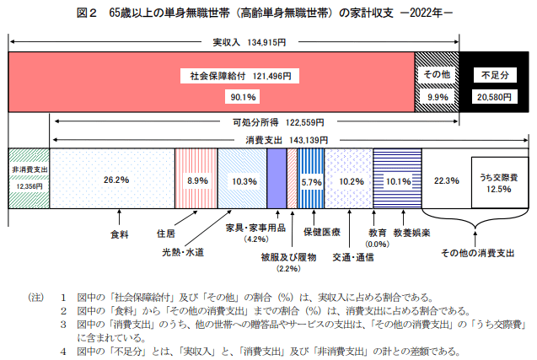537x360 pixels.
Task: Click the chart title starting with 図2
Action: coord(268,14)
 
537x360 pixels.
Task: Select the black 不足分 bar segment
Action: coord(493,82)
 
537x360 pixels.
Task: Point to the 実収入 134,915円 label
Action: coord(234,40)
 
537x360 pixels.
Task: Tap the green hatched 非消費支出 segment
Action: coord(29,178)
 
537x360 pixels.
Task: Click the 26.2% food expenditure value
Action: coord(115,180)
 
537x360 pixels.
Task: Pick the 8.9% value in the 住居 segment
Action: coord(197,180)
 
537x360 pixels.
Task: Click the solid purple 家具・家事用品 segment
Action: coord(277,178)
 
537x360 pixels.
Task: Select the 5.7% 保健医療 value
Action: coord(311,181)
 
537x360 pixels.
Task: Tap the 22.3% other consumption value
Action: coord(446,180)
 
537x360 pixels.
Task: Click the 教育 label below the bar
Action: coord(378,230)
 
